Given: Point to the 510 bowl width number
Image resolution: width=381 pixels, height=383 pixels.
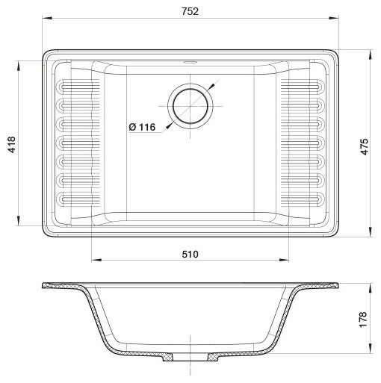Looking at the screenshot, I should (x=190, y=255).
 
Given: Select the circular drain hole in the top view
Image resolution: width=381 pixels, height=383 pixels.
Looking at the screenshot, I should (x=190, y=104).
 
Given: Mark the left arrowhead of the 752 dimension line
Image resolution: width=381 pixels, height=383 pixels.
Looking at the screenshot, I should (x=46, y=21).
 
